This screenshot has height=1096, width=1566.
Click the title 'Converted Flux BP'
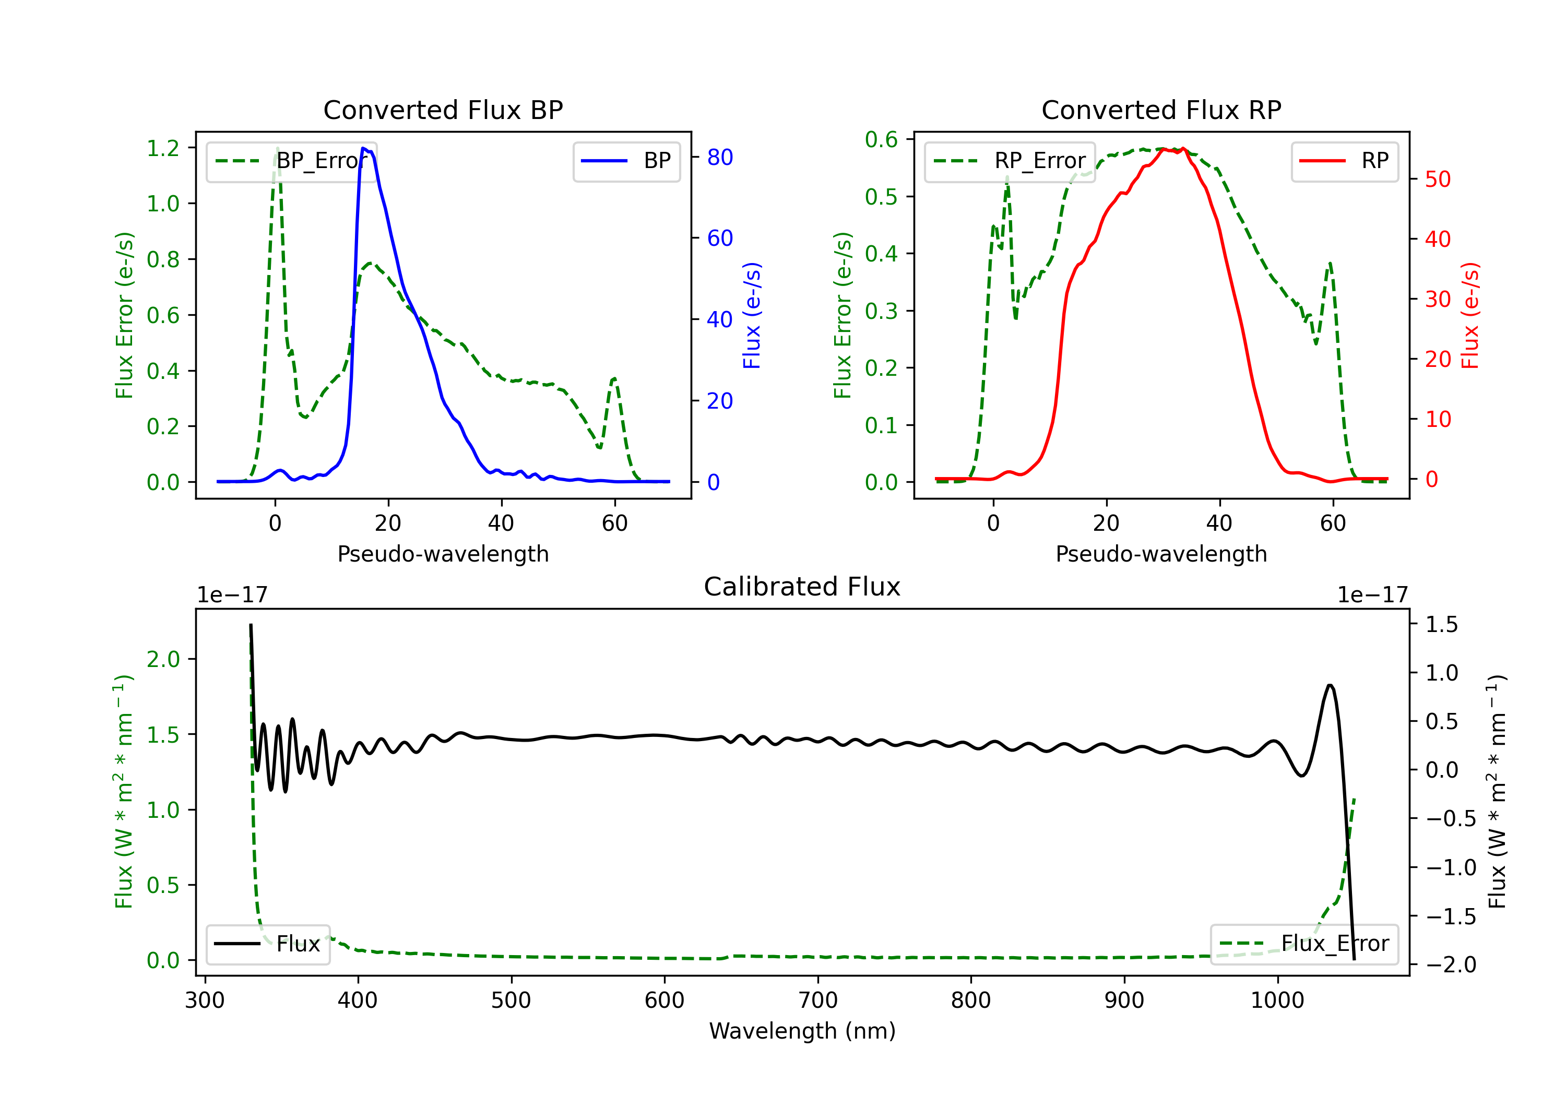click(x=443, y=110)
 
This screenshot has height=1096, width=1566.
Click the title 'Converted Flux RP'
click(x=1161, y=110)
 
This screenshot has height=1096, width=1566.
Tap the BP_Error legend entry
click(x=291, y=161)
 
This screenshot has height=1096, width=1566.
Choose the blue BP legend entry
click(x=626, y=161)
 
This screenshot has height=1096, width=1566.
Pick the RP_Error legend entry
click(x=1010, y=161)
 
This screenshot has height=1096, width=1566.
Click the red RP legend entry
click(x=1344, y=161)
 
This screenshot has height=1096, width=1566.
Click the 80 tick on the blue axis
click(x=719, y=158)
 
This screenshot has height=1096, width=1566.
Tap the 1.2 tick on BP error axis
click(x=163, y=148)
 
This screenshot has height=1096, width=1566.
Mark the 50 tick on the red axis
click(x=1438, y=180)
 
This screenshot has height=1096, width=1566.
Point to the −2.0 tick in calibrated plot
click(x=1451, y=964)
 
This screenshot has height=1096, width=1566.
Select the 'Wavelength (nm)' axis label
click(x=802, y=1031)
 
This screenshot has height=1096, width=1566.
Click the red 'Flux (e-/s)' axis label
click(x=1470, y=315)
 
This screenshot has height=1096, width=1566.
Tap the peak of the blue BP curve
click(x=363, y=148)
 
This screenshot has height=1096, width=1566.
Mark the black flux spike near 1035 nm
click(x=1330, y=685)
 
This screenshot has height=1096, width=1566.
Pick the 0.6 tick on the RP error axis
click(x=881, y=140)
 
